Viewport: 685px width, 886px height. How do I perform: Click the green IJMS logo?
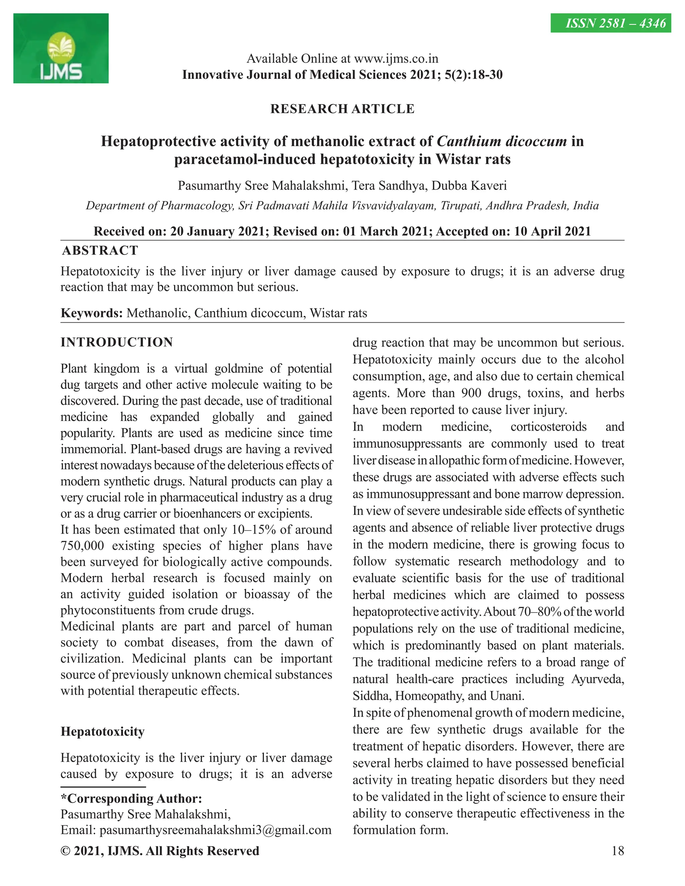61,48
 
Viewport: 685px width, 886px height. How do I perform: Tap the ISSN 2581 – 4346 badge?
610,23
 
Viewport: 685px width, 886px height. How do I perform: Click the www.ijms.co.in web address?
396,59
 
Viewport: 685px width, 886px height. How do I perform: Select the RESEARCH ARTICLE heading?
342,109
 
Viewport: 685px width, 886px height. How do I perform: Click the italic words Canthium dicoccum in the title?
502,141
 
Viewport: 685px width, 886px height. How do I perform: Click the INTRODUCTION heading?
117,342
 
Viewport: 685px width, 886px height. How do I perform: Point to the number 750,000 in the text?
82,546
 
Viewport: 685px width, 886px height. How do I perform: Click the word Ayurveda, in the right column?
597,679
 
